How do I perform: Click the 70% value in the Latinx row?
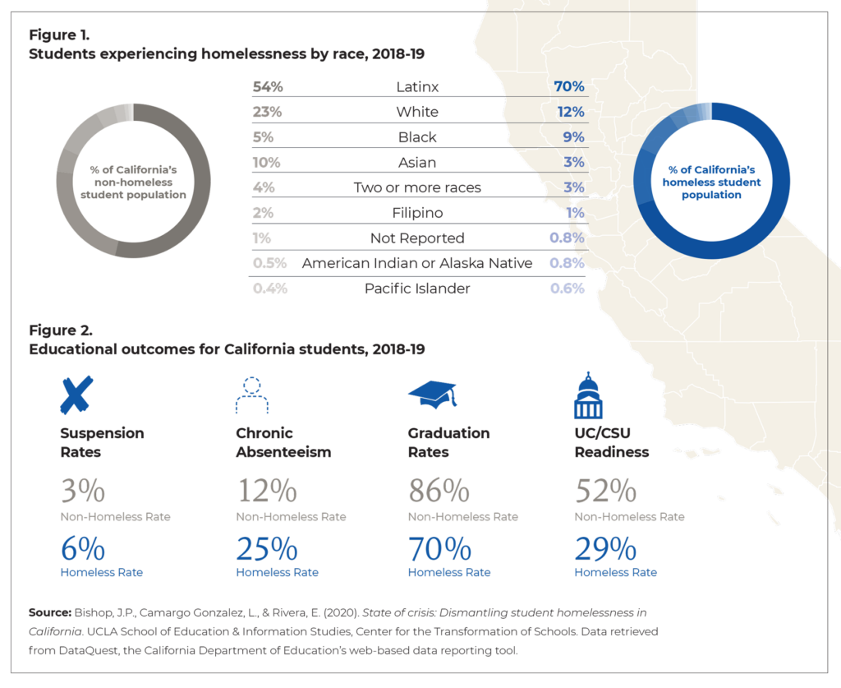click(568, 86)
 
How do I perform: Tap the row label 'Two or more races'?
click(417, 187)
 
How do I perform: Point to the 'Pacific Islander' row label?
click(417, 289)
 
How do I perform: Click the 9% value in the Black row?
click(573, 137)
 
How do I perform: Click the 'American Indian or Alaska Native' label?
click(417, 263)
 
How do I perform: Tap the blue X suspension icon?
click(76, 395)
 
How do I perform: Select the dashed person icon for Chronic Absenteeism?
click(251, 395)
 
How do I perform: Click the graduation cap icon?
click(432, 394)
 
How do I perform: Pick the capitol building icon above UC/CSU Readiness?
click(587, 395)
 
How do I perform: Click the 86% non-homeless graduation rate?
click(439, 492)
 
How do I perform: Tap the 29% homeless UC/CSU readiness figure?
click(605, 548)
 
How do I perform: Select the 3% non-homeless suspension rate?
click(82, 492)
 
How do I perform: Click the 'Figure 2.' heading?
click(61, 330)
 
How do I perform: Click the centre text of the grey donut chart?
click(133, 182)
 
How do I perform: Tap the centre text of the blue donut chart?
click(711, 182)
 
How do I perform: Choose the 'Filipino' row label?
click(417, 213)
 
